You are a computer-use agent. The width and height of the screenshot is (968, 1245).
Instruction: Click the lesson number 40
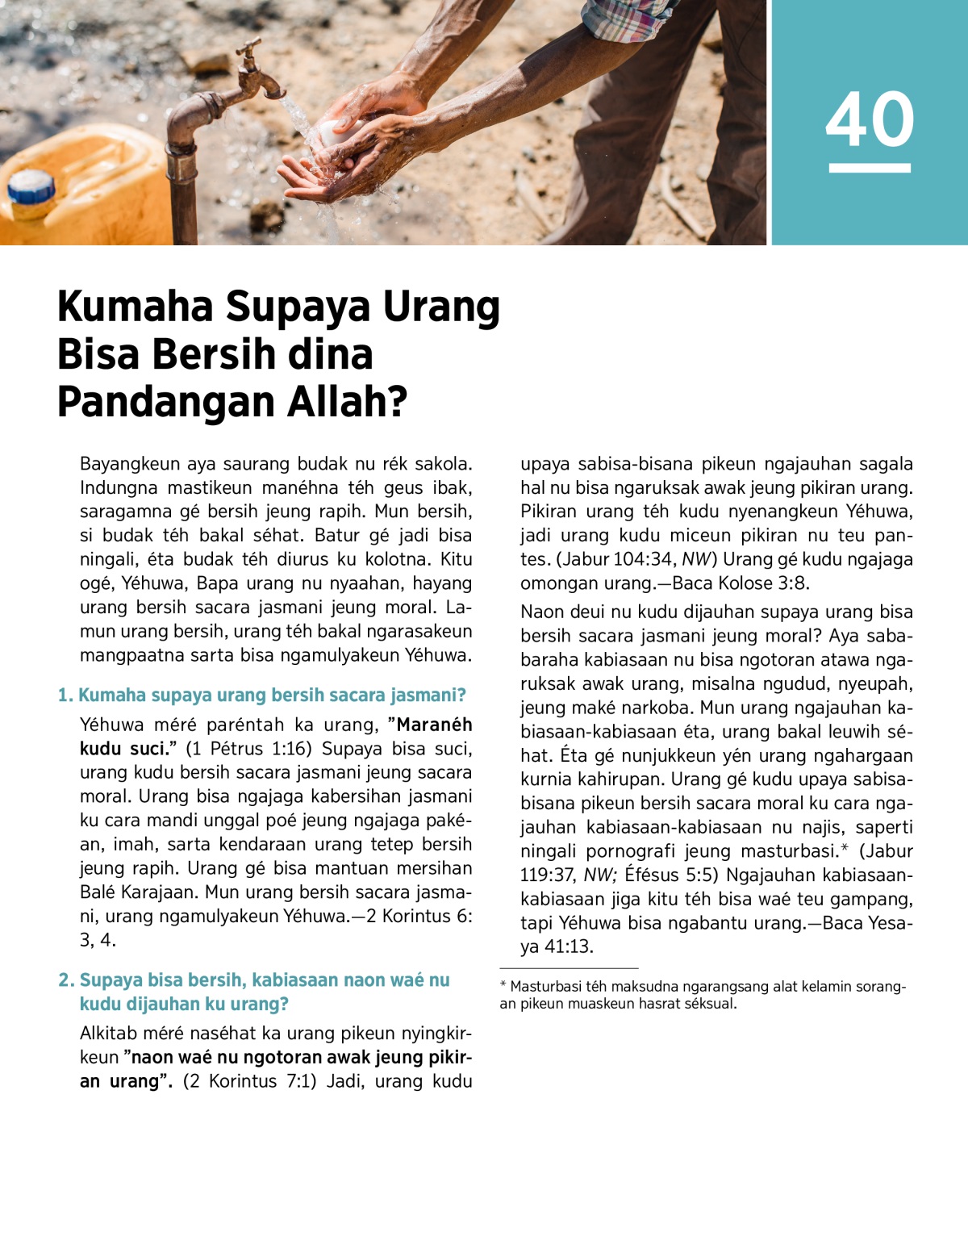(870, 119)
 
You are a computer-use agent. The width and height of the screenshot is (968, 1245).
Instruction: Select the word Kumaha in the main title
(136, 307)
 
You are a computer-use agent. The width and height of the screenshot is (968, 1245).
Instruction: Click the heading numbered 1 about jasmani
(262, 695)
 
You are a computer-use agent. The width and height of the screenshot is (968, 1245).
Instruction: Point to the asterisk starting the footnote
(503, 986)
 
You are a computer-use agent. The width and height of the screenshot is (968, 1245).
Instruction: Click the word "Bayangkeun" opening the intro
(129, 464)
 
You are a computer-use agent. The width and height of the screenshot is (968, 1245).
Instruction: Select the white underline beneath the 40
(870, 168)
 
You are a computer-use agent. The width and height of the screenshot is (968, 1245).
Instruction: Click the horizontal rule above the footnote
(569, 967)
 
